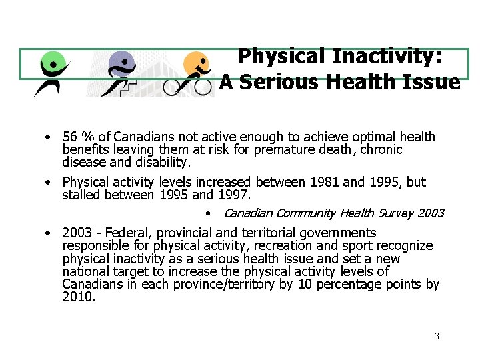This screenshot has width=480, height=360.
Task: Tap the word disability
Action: pos(163,162)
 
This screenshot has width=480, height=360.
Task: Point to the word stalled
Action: pos(81,195)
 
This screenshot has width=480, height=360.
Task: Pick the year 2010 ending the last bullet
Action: pos(78,297)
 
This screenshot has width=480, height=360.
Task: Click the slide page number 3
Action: pos(437,336)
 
